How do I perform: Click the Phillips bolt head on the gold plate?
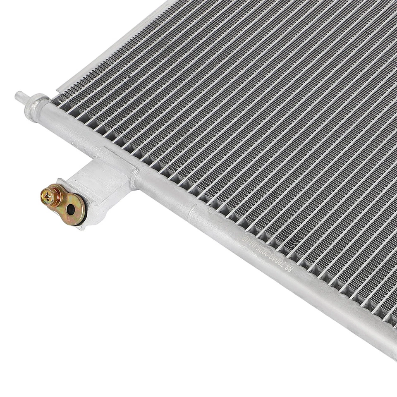(49, 195)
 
